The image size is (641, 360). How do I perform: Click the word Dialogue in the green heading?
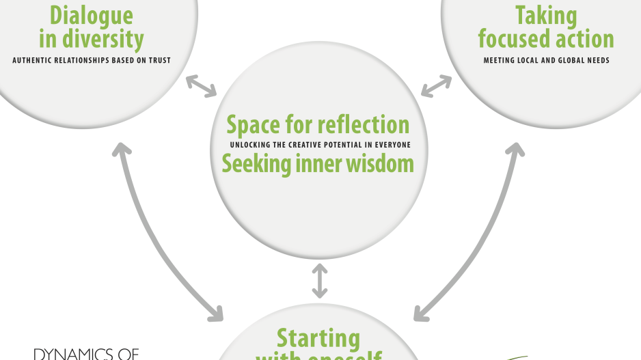click(91, 14)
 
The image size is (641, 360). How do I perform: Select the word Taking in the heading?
click(546, 15)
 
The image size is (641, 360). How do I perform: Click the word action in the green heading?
click(579, 38)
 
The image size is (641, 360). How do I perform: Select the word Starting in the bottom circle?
click(318, 337)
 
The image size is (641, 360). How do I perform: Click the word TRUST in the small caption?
click(159, 60)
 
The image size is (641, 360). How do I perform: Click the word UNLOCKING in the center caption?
click(249, 145)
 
